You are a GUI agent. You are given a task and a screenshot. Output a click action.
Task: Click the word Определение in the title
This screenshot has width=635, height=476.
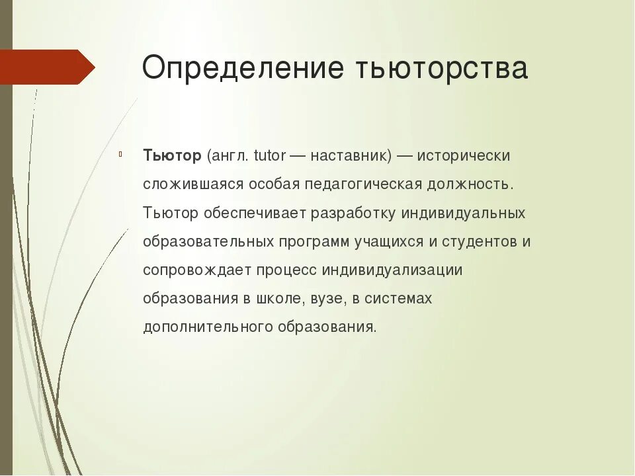coord(245,69)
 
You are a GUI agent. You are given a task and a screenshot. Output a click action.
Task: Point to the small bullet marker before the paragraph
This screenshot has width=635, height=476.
coord(121,156)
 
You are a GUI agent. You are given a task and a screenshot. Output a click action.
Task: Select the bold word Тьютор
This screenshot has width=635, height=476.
coord(172,155)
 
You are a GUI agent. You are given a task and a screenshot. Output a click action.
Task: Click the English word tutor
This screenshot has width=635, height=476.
coord(268,155)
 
